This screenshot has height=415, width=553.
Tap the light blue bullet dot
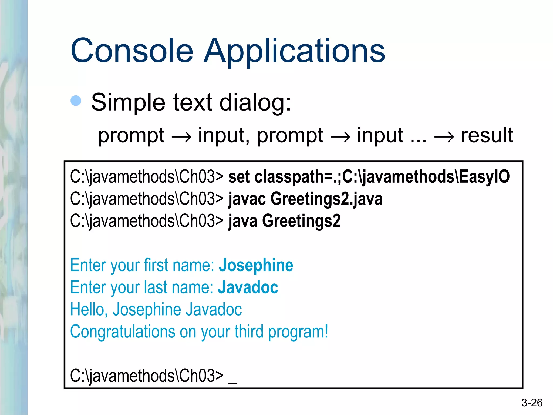pos(76,101)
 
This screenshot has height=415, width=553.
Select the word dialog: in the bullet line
pos(255,103)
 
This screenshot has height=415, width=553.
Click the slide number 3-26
pos(532,403)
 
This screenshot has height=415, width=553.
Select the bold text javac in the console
pos(247,199)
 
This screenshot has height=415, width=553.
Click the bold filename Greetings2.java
pos(326,199)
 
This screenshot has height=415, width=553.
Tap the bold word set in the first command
pos(239,177)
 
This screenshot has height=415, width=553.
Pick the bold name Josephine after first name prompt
pos(256,265)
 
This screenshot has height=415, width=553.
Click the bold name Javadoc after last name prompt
pos(248,287)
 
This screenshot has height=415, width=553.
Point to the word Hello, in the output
pos(89,309)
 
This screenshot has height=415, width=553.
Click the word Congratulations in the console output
pos(123,332)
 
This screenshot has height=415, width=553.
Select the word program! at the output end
pos(298,332)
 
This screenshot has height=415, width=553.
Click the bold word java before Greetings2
pos(243,221)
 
